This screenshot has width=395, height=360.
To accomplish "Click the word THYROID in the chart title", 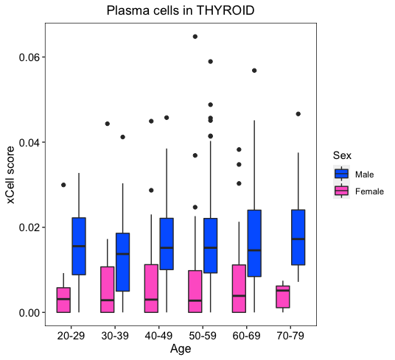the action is point(225,10).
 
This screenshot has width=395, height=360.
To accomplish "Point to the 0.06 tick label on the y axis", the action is point(29,57).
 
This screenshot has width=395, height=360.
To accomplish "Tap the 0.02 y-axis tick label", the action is point(29,227).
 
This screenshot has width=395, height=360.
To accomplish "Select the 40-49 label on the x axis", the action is point(158,336).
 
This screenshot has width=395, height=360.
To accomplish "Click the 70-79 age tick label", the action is point(290,336).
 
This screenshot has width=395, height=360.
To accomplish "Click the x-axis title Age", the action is point(181,350).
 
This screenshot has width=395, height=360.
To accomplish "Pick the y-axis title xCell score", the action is point(11,175).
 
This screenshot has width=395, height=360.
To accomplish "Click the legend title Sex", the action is point(342,155).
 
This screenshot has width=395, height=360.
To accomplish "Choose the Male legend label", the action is point(364,174).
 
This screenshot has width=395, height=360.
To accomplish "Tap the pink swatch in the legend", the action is point(342,191).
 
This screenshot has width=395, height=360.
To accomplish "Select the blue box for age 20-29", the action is point(79,246).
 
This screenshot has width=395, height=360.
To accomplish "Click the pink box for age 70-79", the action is point(283,297).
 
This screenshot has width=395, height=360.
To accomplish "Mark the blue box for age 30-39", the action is point(122,262).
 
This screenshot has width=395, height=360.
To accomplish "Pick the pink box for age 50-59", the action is point(195,292).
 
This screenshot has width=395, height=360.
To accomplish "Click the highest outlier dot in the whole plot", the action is point(195,37).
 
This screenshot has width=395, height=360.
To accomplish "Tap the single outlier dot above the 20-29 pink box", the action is point(63,185).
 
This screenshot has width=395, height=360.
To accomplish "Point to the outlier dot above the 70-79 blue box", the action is point(298,114).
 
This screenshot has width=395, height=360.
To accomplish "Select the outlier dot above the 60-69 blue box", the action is point(254,71).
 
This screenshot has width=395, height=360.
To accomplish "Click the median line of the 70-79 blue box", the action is point(298,239).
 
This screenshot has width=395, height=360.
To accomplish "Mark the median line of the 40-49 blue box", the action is point(167,248).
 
